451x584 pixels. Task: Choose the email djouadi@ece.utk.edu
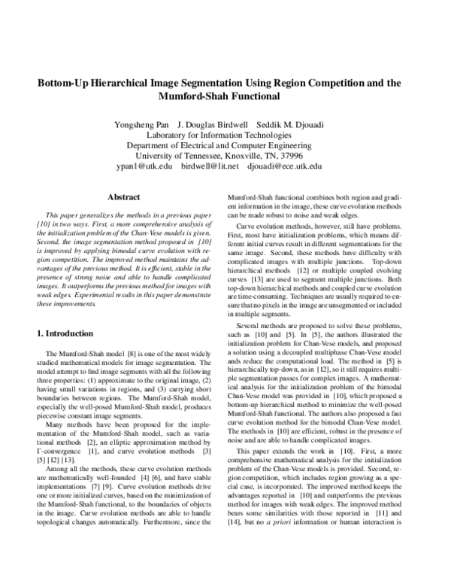pyautogui.click(x=286, y=165)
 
